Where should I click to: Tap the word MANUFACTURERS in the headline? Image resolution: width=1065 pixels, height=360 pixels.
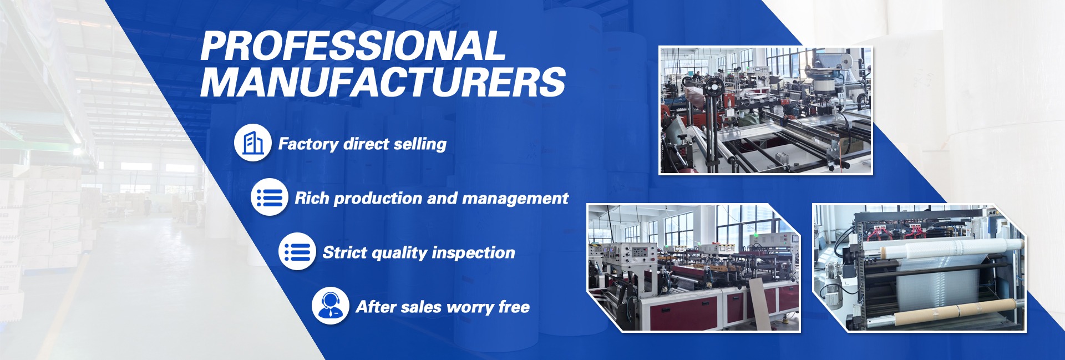tap(383, 82)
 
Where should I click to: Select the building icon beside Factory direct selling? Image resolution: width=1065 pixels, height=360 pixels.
tap(253, 143)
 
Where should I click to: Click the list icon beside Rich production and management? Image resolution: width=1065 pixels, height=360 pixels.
tap(270, 197)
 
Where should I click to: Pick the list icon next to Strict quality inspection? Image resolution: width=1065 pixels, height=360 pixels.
tap(297, 252)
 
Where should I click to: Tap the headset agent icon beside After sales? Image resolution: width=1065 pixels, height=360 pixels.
tap(331, 306)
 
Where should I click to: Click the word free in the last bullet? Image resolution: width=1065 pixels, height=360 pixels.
tap(514, 307)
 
